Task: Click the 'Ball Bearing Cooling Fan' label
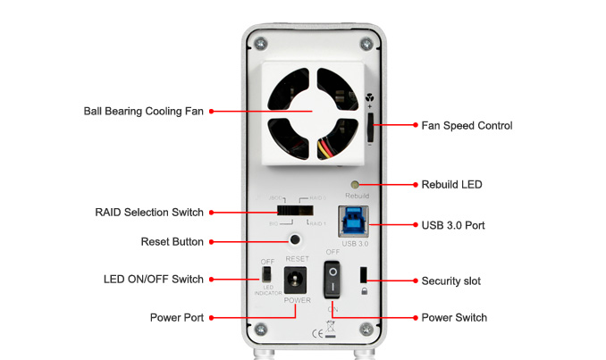143,112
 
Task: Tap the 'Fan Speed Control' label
467,126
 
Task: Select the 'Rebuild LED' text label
451,185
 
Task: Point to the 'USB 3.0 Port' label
453,225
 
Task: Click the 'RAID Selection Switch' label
149,213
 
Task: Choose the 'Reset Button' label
172,241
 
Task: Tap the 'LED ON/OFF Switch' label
153,280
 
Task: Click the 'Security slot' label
450,280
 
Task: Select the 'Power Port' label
176,317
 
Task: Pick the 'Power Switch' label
454,317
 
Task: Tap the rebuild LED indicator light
356,184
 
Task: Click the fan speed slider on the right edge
371,126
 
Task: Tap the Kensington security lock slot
364,272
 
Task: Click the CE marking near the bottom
316,335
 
